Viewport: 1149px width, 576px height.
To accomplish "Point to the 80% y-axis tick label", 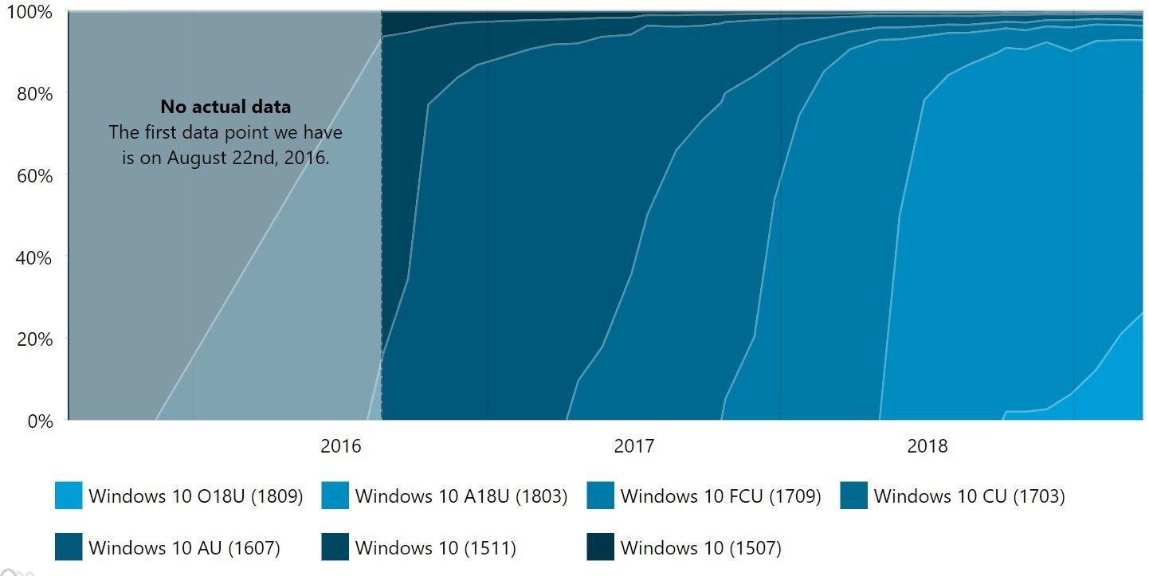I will point(33,94).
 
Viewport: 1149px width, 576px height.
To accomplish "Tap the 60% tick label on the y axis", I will point(33,175).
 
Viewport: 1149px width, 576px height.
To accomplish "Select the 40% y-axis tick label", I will point(33,257).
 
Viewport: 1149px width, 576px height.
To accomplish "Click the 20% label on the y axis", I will point(33,339).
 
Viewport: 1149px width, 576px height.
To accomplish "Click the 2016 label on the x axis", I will point(341,446).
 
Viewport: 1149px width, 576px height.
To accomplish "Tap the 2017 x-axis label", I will point(634,446).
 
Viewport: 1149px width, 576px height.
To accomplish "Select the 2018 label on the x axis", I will point(927,446).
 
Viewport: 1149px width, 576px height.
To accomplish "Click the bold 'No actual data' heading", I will point(225,107).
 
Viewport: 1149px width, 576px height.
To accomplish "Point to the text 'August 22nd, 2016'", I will point(248,158).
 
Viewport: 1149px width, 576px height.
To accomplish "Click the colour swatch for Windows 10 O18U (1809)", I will point(69,496).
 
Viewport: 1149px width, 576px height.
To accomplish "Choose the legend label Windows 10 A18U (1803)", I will point(461,496).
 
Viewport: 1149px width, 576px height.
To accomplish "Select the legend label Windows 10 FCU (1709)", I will point(720,496).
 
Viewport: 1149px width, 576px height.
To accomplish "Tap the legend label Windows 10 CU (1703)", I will point(969,496).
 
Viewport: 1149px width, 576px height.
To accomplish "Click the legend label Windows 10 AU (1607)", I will point(184,548).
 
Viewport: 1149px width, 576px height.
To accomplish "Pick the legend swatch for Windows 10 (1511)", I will point(335,548).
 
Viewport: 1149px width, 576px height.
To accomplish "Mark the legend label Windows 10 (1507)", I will point(700,548).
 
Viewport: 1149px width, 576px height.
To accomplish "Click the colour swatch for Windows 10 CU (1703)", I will point(854,496).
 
